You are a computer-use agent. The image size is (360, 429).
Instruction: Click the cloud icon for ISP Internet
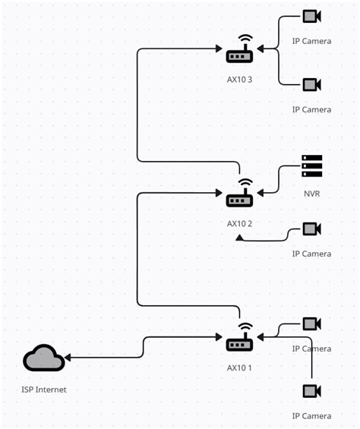pos(43,358)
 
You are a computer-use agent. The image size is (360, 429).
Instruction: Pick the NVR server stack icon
pos(311,166)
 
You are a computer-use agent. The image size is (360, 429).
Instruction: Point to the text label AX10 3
pos(239,79)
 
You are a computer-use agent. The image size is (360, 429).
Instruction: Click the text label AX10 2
pos(239,224)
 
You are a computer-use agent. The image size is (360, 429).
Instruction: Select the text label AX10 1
pos(239,367)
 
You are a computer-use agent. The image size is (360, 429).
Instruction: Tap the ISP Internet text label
pos(44,390)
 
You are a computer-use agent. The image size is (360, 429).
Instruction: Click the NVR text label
pos(311,194)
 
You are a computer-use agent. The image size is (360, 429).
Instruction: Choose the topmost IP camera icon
pos(311,16)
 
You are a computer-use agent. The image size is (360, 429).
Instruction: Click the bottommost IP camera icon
pos(311,391)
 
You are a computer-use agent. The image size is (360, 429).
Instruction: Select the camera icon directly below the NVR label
pos(311,229)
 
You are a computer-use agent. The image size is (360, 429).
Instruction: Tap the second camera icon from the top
pos(311,84)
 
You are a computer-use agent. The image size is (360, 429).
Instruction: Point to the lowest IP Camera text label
pos(311,416)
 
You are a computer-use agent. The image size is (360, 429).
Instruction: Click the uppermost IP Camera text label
pos(311,41)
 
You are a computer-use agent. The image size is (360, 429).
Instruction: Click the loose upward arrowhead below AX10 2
pos(239,238)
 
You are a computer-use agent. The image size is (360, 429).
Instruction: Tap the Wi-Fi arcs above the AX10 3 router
pos(244,39)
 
